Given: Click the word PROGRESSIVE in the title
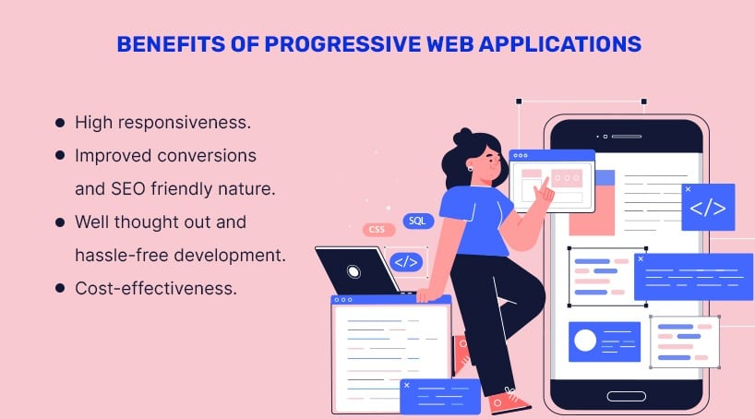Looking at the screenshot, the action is [342, 44].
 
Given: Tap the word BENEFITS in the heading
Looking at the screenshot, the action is [171, 44].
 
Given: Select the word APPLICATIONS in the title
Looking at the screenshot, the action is [559, 44].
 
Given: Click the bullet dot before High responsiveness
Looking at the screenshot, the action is [60, 123].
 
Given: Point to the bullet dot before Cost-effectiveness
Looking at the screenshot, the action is [60, 289].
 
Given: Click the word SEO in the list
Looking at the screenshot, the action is [128, 189].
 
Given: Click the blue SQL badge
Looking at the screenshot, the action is [418, 221].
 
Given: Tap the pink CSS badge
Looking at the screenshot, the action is [378, 230].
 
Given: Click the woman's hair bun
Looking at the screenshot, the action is [462, 137].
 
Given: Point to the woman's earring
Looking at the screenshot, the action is [470, 169].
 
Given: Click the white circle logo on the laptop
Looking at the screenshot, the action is [354, 272].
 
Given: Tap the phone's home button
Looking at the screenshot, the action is [626, 396].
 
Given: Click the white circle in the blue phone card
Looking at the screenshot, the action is [585, 341].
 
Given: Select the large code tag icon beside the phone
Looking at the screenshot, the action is [708, 208].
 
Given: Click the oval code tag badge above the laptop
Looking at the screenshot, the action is [406, 262].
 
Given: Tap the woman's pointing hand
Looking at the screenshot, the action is [545, 192].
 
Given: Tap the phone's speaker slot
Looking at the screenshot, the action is [627, 137].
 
